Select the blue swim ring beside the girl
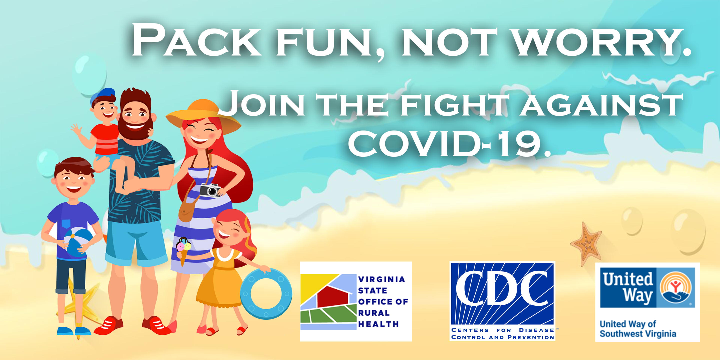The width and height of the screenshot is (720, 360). point(266,294)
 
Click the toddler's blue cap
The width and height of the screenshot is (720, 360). point(102,96)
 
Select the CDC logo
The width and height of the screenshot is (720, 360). point(502,301)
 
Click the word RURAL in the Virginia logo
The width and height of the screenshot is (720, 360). point(374,313)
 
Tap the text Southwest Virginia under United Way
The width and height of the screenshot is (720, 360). point(638,334)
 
